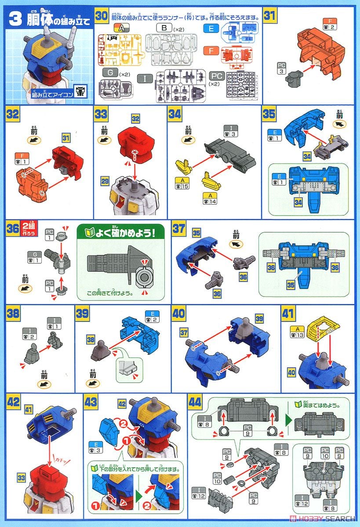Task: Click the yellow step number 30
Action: click(102, 16)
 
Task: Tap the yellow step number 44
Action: click(195, 401)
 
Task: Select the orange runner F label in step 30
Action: click(212, 51)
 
